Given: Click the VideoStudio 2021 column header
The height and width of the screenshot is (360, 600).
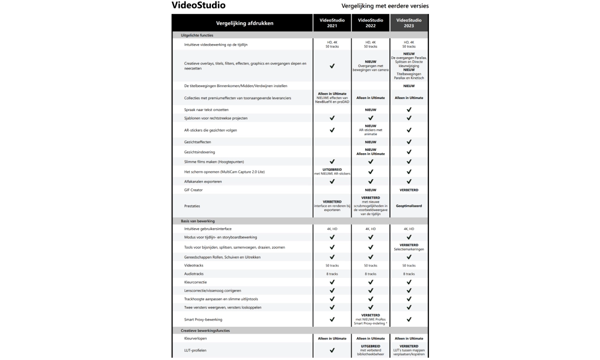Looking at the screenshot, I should (332, 23).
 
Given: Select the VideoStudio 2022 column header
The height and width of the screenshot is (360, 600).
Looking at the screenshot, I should (370, 23).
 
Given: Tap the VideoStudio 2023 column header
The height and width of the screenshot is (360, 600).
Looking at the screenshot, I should (409, 23).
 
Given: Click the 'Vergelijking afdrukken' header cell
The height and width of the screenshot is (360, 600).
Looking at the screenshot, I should (244, 23).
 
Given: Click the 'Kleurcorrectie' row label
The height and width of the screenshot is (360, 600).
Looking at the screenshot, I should (195, 282).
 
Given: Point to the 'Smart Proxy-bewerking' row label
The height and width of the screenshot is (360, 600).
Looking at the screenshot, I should (203, 319).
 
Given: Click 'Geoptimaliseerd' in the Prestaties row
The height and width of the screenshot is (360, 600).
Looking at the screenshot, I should (409, 205).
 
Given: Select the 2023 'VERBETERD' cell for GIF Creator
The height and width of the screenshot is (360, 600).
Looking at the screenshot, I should (409, 190).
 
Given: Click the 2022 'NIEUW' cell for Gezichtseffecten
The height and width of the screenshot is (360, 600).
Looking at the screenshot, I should (370, 142).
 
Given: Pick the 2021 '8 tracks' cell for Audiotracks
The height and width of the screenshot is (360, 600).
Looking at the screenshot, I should (332, 274).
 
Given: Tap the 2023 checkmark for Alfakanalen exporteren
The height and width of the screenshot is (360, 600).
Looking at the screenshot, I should (409, 181).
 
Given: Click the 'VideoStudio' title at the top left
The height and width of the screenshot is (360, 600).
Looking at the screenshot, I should (198, 6).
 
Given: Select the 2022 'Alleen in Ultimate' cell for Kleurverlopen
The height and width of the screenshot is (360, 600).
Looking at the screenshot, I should (370, 338).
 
